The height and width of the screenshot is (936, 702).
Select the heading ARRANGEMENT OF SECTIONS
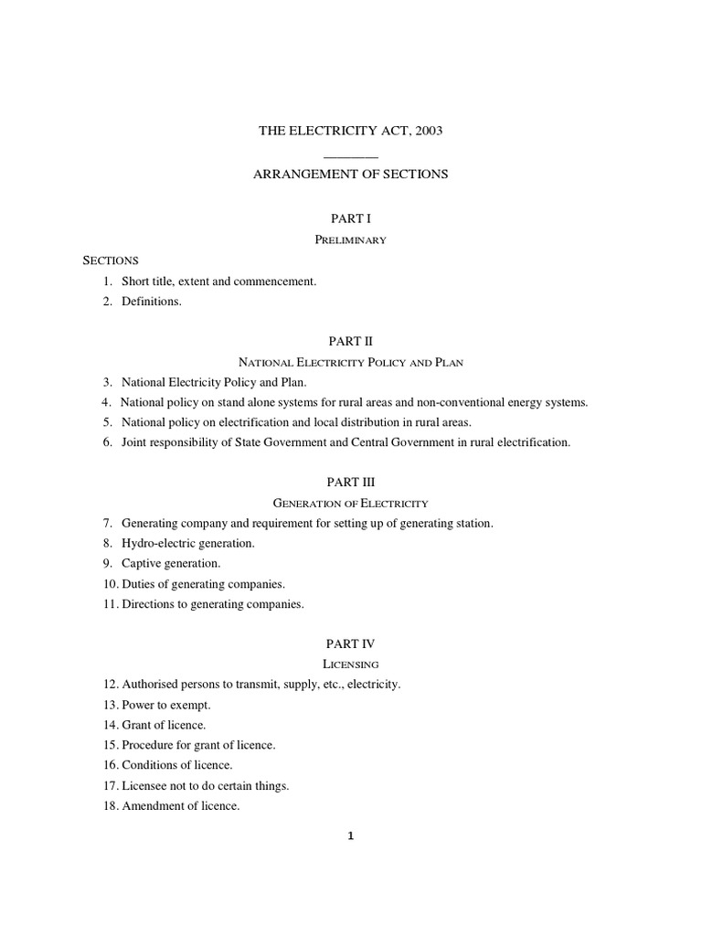pyautogui.click(x=351, y=173)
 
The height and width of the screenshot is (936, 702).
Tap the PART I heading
pyautogui.click(x=351, y=219)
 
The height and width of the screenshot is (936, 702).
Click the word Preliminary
pyautogui.click(x=351, y=240)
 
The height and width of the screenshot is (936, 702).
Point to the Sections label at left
pyautogui.click(x=111, y=261)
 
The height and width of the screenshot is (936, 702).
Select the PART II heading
pyautogui.click(x=351, y=341)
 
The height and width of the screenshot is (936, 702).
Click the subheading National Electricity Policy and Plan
pyautogui.click(x=351, y=362)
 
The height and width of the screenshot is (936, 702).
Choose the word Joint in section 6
pyautogui.click(x=136, y=442)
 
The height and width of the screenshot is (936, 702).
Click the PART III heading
pyautogui.click(x=351, y=482)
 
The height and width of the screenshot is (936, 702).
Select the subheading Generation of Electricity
pyautogui.click(x=351, y=503)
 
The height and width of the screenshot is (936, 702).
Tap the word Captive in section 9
pyautogui.click(x=141, y=563)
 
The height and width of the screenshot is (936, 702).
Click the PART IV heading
pyautogui.click(x=351, y=643)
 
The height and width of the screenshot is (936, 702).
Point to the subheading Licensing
pyautogui.click(x=351, y=665)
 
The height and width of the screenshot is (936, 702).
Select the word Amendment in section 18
pyautogui.click(x=153, y=805)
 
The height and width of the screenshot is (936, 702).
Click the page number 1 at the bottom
pyautogui.click(x=351, y=835)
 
